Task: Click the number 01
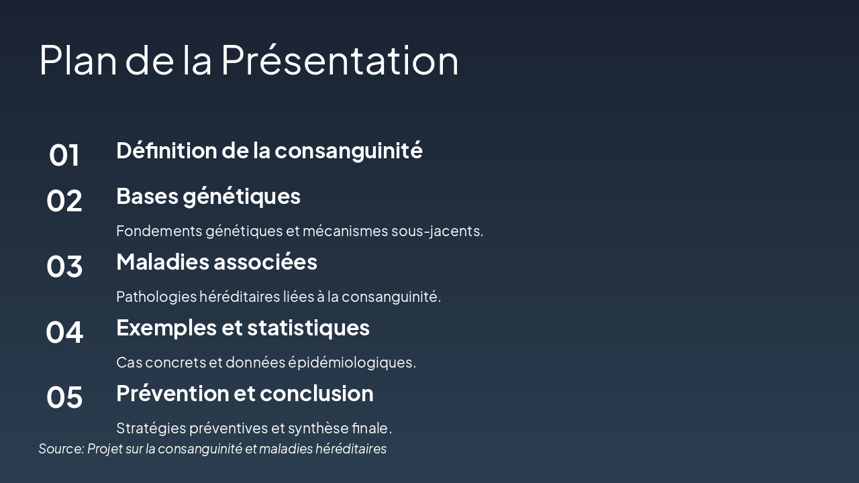point(64,155)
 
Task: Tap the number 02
point(64,201)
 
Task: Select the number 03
point(64,266)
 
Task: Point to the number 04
point(64,332)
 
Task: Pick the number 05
point(64,397)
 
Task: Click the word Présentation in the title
point(340,60)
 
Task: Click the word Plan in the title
point(79,60)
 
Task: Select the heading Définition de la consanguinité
point(269,150)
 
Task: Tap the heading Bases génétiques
point(208,196)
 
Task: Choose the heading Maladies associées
point(216,262)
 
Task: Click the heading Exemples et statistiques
point(242,327)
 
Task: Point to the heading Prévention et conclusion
point(244,393)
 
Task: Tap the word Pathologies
point(156,297)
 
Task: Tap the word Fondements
point(158,231)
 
